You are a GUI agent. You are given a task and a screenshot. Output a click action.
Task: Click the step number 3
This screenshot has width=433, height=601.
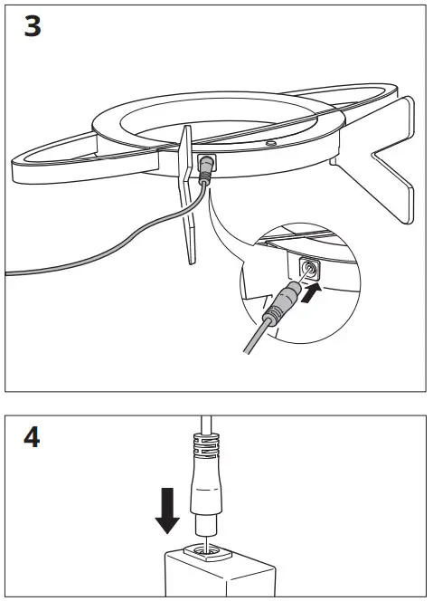coord(33,26)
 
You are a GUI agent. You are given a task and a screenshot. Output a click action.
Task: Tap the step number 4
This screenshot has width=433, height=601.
coord(33,441)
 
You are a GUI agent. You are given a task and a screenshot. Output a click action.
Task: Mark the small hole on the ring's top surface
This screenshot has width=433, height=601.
coord(271,142)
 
